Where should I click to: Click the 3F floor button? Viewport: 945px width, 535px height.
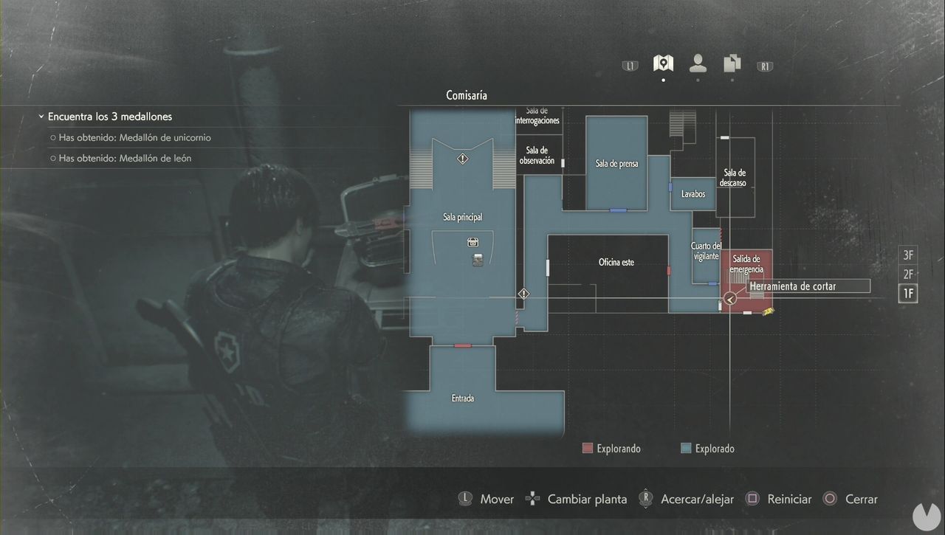[x=908, y=255]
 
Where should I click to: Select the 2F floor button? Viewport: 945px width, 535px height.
[x=908, y=275]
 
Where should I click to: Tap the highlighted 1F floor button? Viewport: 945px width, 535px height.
[x=908, y=294]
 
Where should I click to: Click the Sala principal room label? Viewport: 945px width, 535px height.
[x=462, y=217]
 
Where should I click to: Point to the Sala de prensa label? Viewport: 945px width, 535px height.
[x=616, y=164]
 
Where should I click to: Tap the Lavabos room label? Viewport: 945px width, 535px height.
[x=693, y=194]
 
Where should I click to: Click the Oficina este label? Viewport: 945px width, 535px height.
[x=616, y=262]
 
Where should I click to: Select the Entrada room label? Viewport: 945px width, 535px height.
[x=463, y=398]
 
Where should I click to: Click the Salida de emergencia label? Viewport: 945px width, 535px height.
[x=747, y=264]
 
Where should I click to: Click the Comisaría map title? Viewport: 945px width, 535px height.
[x=467, y=95]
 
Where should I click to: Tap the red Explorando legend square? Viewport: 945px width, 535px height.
[x=588, y=448]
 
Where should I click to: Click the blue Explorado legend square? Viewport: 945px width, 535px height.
[x=686, y=448]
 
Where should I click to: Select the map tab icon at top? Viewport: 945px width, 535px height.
[x=663, y=63]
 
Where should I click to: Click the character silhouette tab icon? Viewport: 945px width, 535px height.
[x=698, y=63]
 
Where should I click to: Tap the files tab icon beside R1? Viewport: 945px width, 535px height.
[x=732, y=63]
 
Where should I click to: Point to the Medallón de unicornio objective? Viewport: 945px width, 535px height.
[x=135, y=137]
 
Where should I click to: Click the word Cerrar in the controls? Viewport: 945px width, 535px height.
[x=861, y=499]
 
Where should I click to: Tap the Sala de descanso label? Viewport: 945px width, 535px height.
[x=735, y=178]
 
